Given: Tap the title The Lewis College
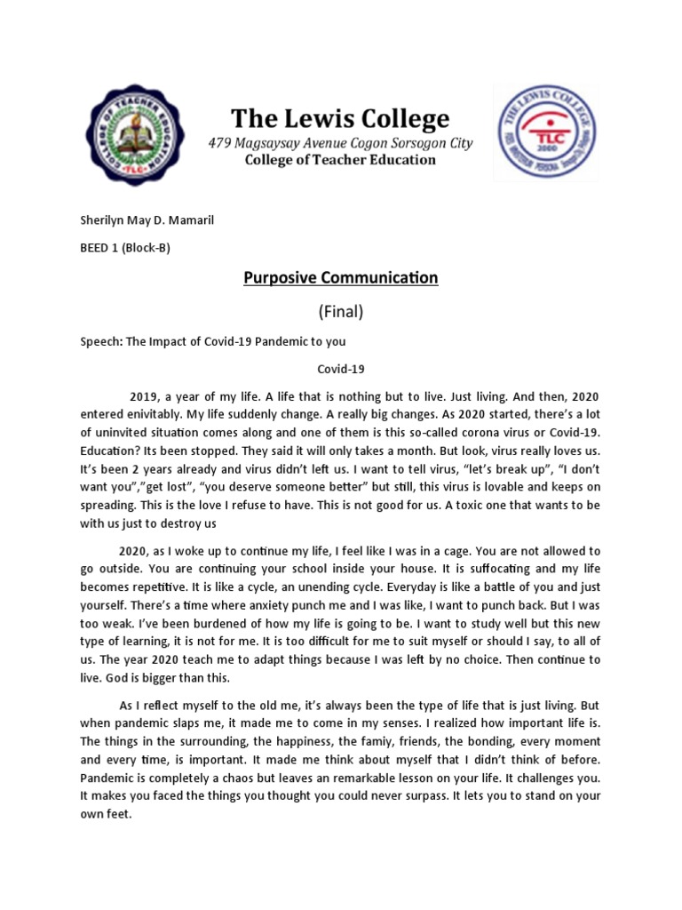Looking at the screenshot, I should coord(340,118).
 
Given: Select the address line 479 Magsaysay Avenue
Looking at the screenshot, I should coord(340,143).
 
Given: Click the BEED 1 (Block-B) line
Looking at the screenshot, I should coord(125,248).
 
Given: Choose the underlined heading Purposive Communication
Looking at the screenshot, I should coord(341,278).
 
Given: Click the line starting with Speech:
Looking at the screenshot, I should coord(212,341).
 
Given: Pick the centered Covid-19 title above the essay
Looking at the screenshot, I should coord(341,368).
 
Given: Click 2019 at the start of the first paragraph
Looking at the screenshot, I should coord(145,396).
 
